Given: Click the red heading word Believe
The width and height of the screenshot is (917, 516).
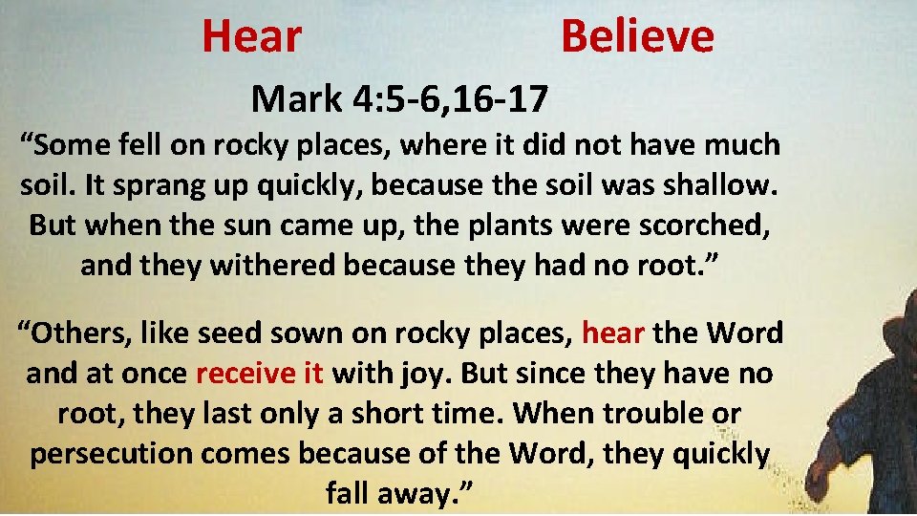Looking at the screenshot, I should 637,36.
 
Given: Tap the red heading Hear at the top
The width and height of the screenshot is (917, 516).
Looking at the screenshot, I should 252,36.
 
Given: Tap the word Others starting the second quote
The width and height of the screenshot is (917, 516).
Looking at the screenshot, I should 85,333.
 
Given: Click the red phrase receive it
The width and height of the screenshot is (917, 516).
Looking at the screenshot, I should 260,373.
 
